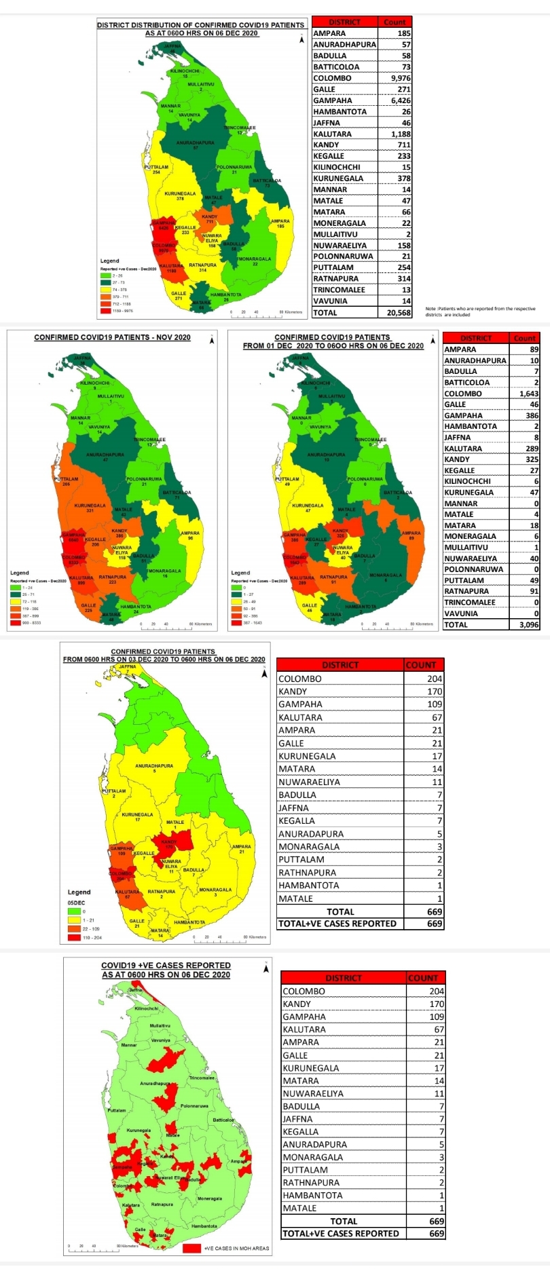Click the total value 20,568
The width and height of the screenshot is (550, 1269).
[x=399, y=313]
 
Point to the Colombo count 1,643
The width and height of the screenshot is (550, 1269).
[x=528, y=394]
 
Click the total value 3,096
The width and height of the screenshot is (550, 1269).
[x=528, y=625]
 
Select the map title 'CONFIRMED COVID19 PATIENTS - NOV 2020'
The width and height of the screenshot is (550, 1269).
[x=112, y=337]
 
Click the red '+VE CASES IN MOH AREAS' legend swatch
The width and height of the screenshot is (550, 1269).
[x=191, y=1247]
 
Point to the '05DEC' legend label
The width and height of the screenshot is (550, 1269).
[x=76, y=903]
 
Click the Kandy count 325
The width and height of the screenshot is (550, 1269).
[x=532, y=459]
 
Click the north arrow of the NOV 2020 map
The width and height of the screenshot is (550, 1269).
[x=211, y=340]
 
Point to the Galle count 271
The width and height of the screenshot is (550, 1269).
[x=404, y=89]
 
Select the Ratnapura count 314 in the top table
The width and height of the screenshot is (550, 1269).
[x=404, y=279]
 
